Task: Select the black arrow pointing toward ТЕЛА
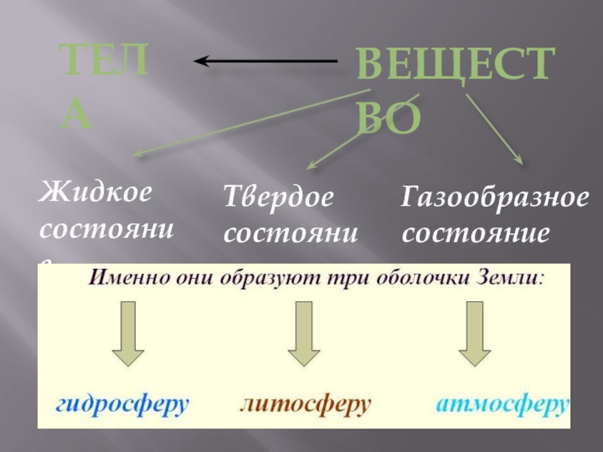264,61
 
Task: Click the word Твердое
278,198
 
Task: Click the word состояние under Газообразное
475,232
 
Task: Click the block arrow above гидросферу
128,334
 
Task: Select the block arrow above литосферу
305,334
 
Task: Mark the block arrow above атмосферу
474,334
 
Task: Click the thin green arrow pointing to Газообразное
494,128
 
